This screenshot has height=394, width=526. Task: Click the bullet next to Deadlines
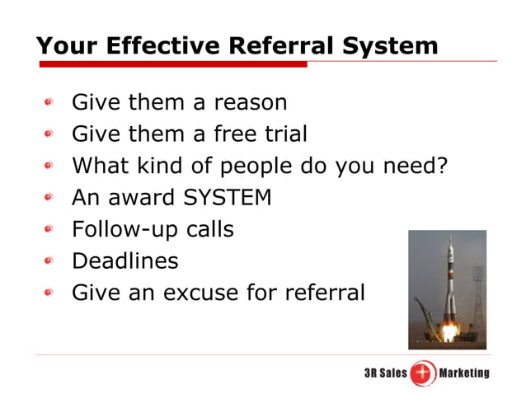[x=49, y=263]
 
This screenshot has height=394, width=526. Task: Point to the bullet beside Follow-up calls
[x=49, y=231]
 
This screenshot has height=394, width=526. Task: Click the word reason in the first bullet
[x=250, y=103]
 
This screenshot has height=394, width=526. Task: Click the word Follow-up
[x=120, y=230]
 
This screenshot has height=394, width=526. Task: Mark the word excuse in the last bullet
[x=202, y=293]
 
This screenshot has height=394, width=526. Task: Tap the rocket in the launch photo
[x=449, y=280]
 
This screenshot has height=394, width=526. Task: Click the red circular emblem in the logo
[x=422, y=373]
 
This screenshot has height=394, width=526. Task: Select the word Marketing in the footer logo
[x=464, y=373]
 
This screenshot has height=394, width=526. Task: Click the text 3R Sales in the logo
[x=385, y=373]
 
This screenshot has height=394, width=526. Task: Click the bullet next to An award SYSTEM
[x=49, y=199]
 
